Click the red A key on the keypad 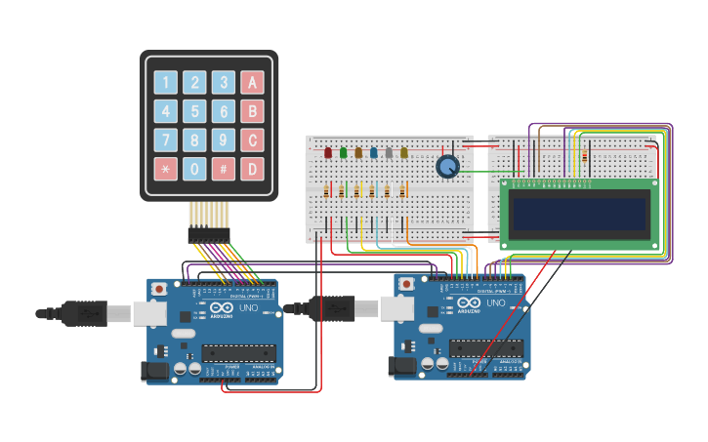point(252,83)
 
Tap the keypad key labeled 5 point(195,111)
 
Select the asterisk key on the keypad point(166,169)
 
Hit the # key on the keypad point(224,169)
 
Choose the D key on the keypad point(252,169)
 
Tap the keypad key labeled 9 point(224,141)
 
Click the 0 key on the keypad point(195,169)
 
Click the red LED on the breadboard point(328,152)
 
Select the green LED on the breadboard point(343,152)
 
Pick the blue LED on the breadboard point(373,152)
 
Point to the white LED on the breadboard point(389,152)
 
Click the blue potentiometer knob point(447,167)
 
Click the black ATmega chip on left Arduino point(238,352)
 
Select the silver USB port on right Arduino point(395,308)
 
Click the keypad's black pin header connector point(209,235)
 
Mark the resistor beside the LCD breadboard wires point(584,154)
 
